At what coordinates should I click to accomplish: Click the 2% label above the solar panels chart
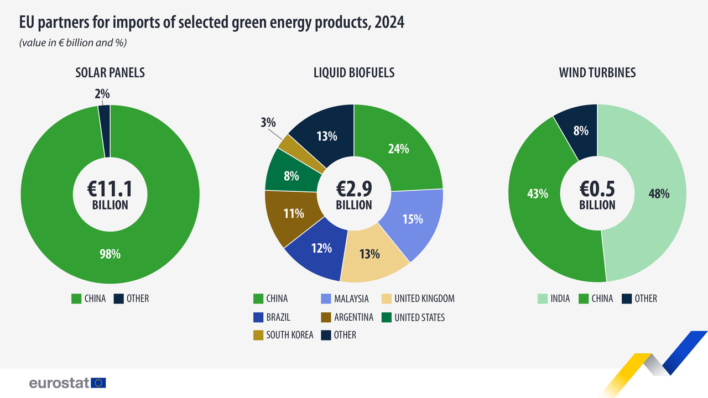point(102,95)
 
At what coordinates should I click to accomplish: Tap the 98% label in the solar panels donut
point(110,254)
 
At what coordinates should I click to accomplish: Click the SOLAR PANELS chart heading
point(110,72)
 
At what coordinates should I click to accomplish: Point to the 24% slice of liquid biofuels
point(398,148)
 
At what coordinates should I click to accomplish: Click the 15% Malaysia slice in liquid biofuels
point(413,219)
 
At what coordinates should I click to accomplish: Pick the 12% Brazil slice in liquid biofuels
point(321,248)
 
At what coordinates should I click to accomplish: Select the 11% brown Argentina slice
point(294,213)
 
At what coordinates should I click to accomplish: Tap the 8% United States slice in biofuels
point(291,176)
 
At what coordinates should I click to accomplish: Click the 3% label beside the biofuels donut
point(268,123)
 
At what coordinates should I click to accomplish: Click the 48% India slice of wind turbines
point(658,194)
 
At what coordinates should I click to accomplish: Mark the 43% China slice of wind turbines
point(537,194)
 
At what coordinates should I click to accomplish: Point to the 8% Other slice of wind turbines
point(581,131)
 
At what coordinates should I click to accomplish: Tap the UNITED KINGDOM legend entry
point(418,298)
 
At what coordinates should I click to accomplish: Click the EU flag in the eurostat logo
point(99,383)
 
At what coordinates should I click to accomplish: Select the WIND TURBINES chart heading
point(597,72)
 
